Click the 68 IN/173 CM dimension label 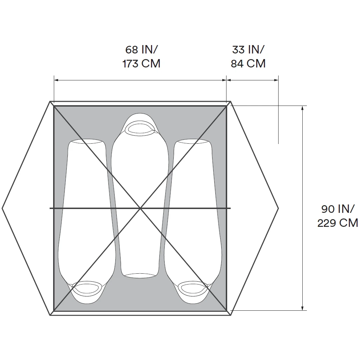[141, 57]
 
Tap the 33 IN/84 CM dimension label [248, 57]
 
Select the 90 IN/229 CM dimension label [338, 216]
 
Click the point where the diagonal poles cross [140, 208]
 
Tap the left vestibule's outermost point [3, 208]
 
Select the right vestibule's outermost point [278, 208]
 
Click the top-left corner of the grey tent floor [54, 106]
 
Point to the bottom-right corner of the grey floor [226, 310]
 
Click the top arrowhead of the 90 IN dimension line [302, 107]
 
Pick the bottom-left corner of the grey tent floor [54, 310]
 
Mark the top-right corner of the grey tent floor [226, 106]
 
